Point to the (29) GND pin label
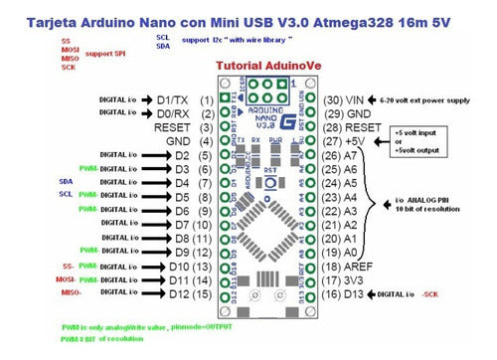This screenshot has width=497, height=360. (346, 114)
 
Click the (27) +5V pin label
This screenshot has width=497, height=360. (345, 142)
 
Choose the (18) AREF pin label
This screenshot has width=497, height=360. (348, 268)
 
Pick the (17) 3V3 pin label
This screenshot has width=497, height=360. (344, 281)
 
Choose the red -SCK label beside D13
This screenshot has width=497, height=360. (429, 295)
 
